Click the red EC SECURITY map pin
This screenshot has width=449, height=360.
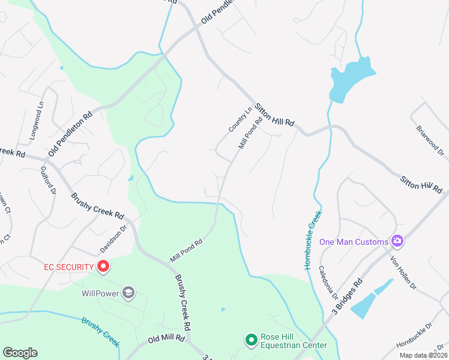[x=103, y=266]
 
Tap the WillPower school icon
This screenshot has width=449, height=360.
[x=128, y=293]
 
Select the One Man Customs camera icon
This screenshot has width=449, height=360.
[x=396, y=241]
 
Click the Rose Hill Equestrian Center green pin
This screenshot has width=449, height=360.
[x=251, y=340]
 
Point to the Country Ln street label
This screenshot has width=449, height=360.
[x=239, y=119]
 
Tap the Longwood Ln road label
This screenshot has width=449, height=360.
[x=37, y=120]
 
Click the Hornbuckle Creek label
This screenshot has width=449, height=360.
[x=313, y=239]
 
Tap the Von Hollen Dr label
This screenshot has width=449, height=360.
[x=403, y=274]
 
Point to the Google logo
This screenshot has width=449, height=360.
[x=20, y=353]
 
